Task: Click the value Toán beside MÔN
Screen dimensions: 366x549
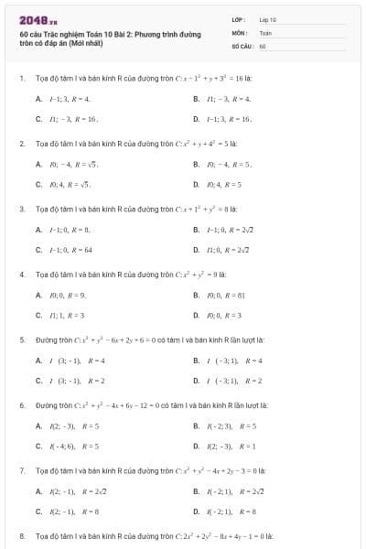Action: pos(265,32)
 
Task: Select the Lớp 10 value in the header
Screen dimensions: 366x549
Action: pos(267,19)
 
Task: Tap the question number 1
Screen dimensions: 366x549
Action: pos(21,78)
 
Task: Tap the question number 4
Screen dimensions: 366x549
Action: pos(21,274)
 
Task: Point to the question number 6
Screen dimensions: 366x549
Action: pos(21,404)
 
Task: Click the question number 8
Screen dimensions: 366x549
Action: pos(21,534)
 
